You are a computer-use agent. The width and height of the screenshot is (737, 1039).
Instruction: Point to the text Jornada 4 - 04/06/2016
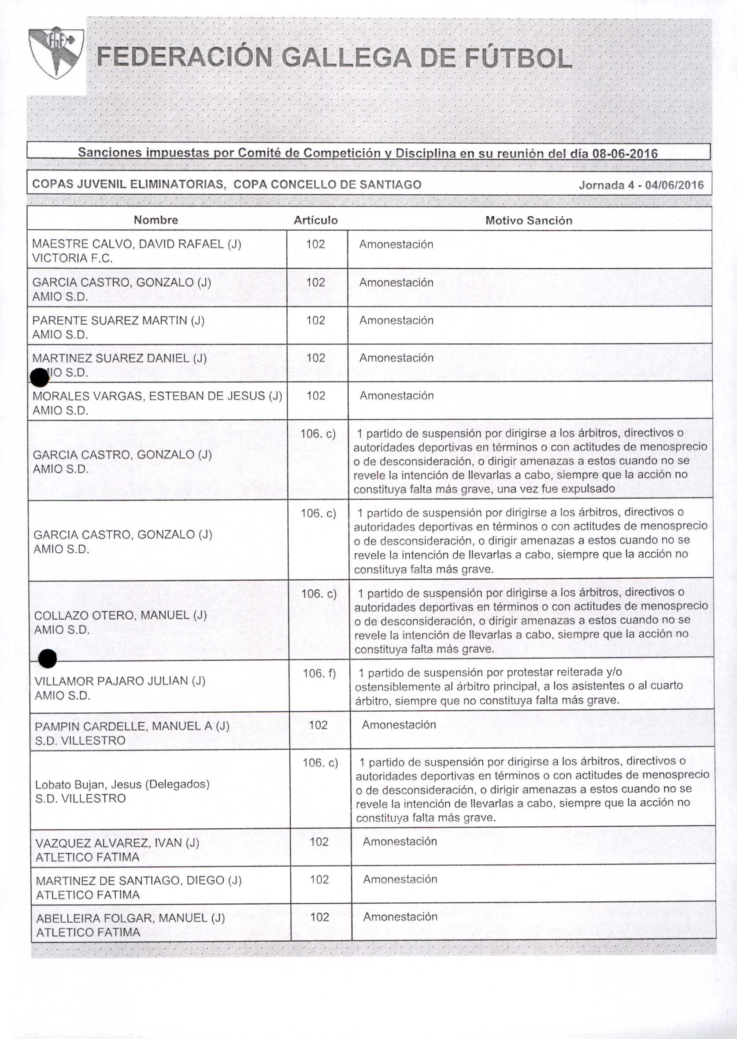point(641,185)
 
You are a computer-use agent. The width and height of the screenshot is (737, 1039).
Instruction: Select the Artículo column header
point(315,221)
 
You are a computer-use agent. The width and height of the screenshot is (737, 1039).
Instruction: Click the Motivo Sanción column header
point(528,221)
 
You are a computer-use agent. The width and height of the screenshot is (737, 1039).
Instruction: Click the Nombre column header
point(156,220)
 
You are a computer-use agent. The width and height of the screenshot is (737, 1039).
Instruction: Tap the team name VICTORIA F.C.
point(72,258)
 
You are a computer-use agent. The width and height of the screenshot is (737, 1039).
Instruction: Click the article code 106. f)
point(319,673)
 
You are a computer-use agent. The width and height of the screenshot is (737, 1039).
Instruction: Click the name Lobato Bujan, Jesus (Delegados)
point(122,784)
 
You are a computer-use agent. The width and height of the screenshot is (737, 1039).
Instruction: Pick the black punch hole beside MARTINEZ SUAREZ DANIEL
point(40,377)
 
